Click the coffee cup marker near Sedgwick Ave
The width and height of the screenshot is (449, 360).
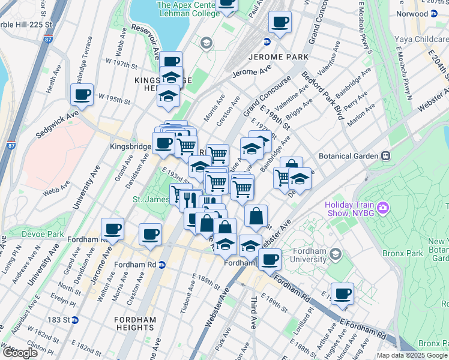tap(82, 94)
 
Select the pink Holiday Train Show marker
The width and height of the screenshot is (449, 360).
tap(382, 208)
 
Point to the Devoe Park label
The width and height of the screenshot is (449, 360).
tap(42, 233)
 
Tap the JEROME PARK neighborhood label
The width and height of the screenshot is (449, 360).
tap(277, 57)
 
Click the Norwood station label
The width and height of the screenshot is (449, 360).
tap(429, 13)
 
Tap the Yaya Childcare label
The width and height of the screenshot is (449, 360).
tap(420, 40)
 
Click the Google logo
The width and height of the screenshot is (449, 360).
tap(20, 353)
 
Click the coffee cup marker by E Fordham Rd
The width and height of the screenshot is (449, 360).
tap(342, 293)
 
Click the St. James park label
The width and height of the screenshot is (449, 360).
tap(149, 199)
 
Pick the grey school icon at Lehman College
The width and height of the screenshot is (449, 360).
tap(206, 43)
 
